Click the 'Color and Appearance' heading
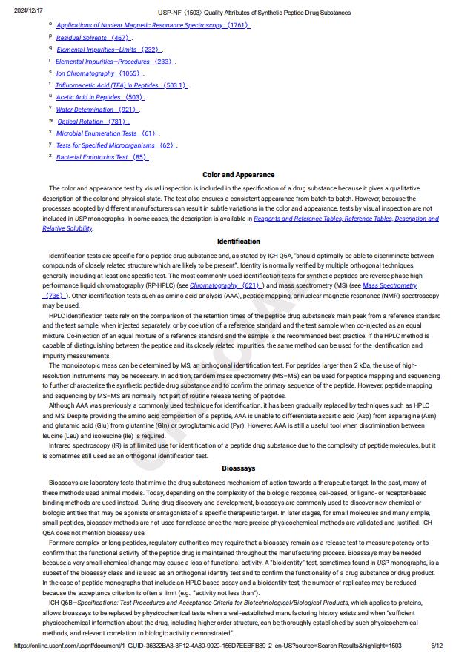pos(238,175)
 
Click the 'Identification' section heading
pos(238,241)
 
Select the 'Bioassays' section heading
pos(238,468)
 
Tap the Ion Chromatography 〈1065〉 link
pos(99,73)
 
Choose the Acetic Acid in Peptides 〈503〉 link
pos(101,97)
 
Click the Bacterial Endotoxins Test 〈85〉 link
pos(102,157)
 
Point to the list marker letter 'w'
pos(50,120)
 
